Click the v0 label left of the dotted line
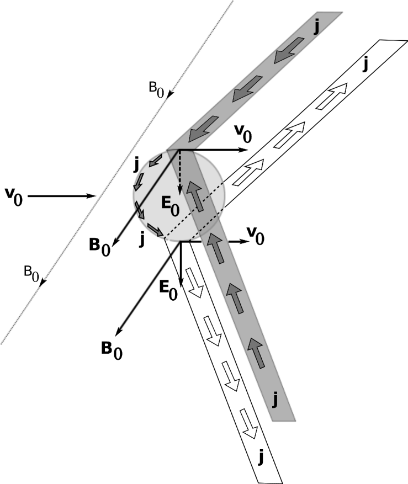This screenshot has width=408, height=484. click(x=14, y=198)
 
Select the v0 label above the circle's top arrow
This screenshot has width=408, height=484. click(x=241, y=133)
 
